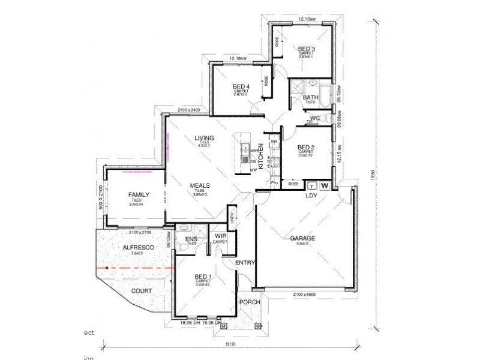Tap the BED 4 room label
pos(241,86)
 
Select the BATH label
pos(310,98)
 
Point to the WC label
pos(315,118)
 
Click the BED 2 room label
pos(306,147)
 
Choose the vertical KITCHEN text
pos(261,157)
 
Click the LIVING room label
pos(204,139)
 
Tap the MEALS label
pos(200,186)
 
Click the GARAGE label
pos(302,238)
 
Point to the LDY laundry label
pos(311,196)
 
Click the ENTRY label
pos(245,263)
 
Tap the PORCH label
pos(250,302)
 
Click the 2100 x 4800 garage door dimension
pos(305,294)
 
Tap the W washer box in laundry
pos(325,185)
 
